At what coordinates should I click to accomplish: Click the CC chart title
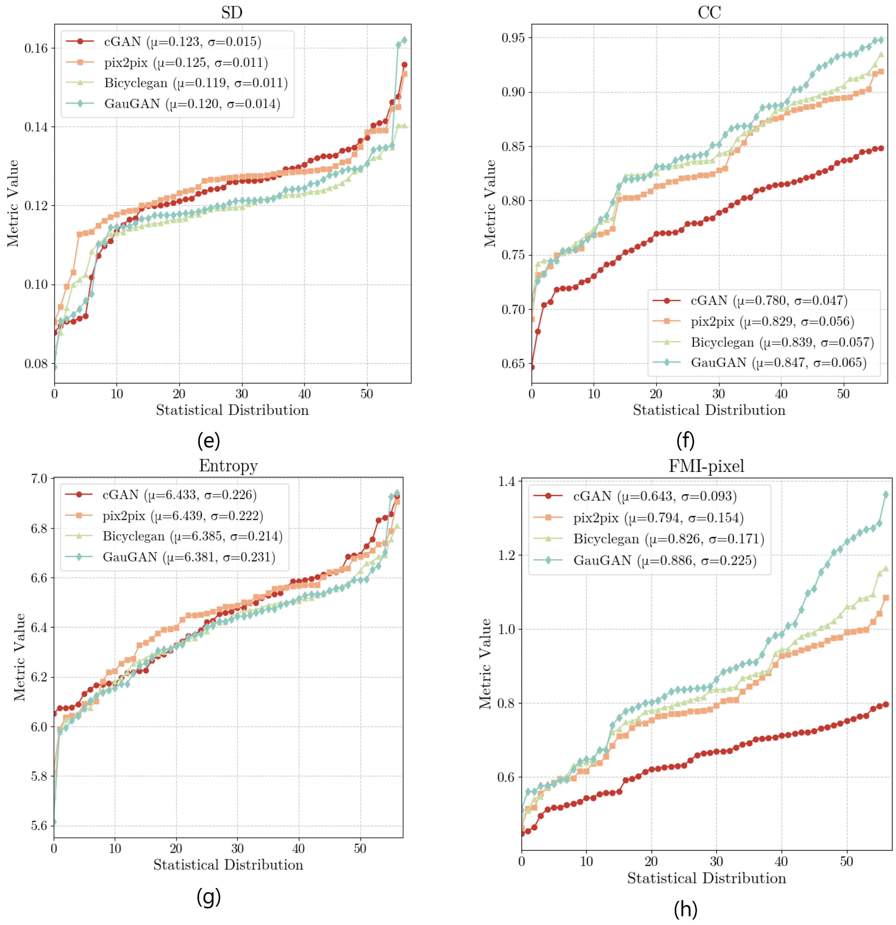tap(709, 12)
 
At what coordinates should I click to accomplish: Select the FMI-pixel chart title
tap(706, 466)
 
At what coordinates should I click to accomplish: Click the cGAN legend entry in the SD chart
tap(182, 42)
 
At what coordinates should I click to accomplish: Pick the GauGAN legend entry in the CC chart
tap(778, 362)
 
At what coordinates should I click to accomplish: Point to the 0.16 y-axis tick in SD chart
tap(36, 48)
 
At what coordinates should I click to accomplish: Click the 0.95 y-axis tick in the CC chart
tap(513, 38)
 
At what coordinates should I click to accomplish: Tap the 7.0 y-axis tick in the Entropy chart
tap(39, 479)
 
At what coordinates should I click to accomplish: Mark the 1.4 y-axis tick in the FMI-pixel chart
tap(506, 481)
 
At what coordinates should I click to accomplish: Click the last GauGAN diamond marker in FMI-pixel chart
tap(886, 495)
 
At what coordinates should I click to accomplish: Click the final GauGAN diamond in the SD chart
tap(404, 40)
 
